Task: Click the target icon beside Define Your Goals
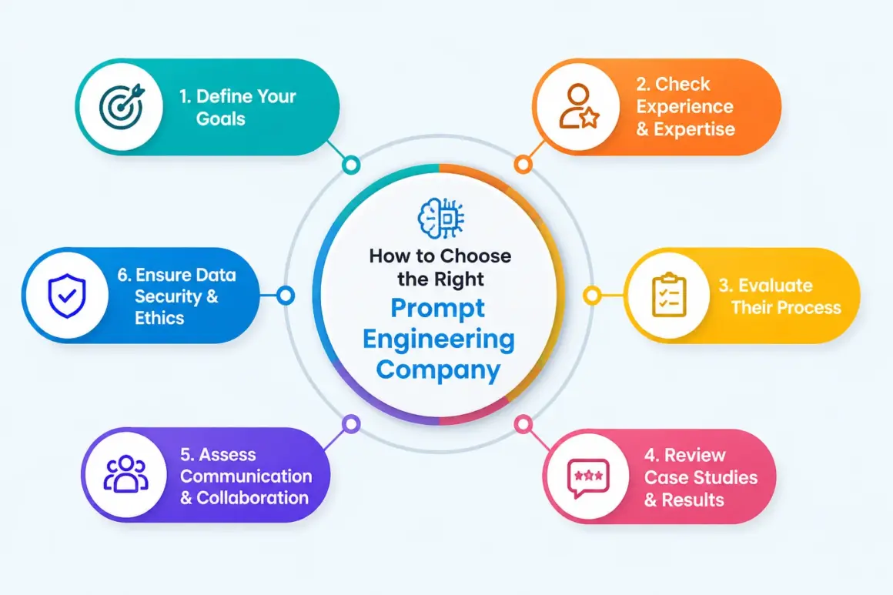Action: coord(122,106)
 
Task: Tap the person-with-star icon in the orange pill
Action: coord(579,106)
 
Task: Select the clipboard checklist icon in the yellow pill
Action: coord(669,295)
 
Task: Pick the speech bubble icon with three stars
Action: coord(588,477)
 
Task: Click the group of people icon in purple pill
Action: coord(125,473)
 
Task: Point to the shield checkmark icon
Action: coord(67,296)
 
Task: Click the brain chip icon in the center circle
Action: coord(441,218)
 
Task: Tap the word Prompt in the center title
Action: coord(437,309)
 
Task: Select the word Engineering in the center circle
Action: coord(439,339)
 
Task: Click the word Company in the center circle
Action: coord(438,369)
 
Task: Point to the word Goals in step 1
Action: coord(220,119)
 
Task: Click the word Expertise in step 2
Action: coord(694,129)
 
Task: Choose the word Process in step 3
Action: coord(811,307)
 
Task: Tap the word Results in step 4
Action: coord(693,500)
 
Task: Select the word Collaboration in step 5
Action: coord(253,498)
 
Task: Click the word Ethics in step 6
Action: coord(159,318)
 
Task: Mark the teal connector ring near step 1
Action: coord(351,165)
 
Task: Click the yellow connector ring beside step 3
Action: coord(592,296)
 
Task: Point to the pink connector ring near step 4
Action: coord(523,423)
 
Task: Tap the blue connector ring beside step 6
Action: coord(286,296)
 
